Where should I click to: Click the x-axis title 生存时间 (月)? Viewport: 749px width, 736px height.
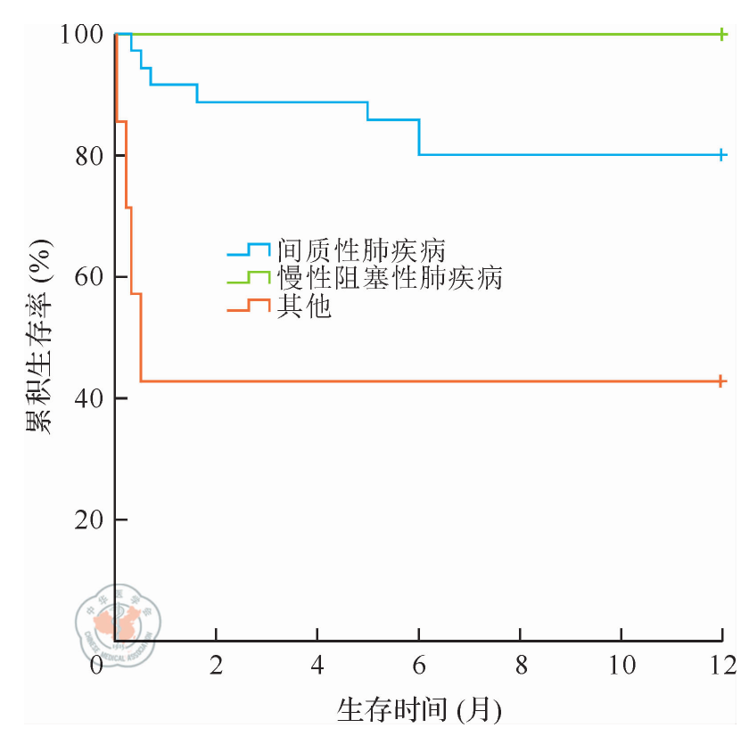coord(419,710)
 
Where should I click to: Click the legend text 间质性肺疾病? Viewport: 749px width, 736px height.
coord(360,249)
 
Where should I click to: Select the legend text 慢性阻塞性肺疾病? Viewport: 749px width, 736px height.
coord(389,278)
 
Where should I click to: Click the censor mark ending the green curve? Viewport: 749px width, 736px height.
coord(722,34)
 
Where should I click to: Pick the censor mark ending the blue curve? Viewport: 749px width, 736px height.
coord(722,155)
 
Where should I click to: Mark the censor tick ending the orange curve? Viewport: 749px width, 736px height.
coord(722,381)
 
